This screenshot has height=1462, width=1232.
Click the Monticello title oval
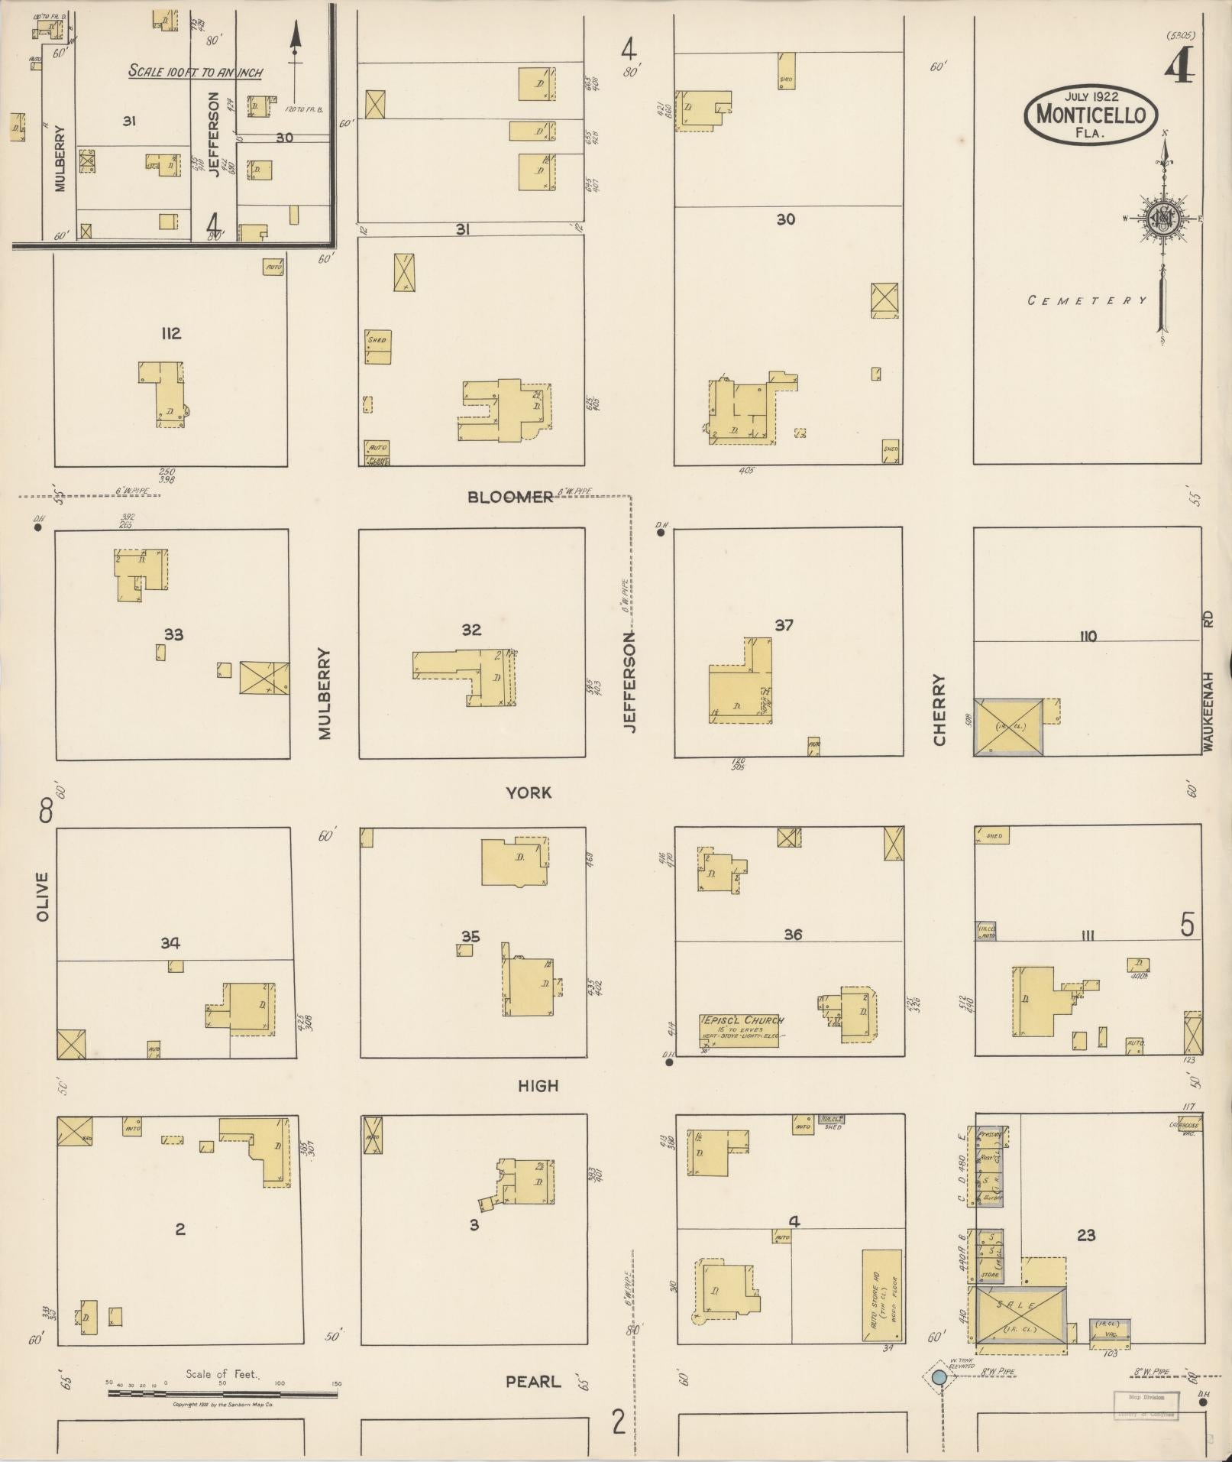pos(1091,115)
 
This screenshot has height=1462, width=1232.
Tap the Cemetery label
pos(1087,300)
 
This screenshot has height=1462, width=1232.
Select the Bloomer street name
pos(510,498)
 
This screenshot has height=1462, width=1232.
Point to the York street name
pos(529,793)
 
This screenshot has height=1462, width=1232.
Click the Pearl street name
pos(533,1382)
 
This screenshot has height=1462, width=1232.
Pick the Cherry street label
pos(939,709)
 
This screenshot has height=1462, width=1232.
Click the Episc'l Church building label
pos(739,1030)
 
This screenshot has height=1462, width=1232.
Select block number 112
pos(170,333)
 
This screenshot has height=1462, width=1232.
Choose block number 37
pos(784,625)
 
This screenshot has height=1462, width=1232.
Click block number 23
pos(1086,1235)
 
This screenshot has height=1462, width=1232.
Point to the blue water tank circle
pos(939,1377)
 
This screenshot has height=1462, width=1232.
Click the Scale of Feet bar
pos(222,1393)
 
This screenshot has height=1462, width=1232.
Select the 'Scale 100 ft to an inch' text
pos(196,72)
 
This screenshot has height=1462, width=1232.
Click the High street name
pos(538,1086)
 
